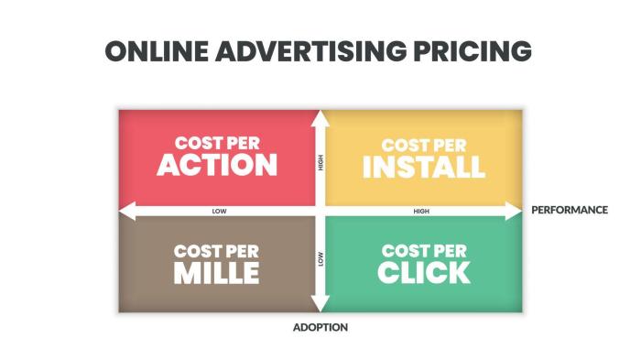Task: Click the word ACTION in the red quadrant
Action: tap(217, 165)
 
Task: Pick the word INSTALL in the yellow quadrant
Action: tap(422, 167)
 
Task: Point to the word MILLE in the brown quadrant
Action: tap(217, 272)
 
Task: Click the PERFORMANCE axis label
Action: tap(569, 210)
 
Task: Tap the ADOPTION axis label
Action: tap(320, 327)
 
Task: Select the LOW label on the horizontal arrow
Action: tap(219, 211)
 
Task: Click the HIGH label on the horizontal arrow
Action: tap(421, 211)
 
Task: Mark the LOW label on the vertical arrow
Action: tap(320, 259)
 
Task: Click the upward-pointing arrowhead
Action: tap(320, 117)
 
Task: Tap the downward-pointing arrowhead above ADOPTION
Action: tap(320, 305)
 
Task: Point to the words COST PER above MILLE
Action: tap(218, 250)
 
